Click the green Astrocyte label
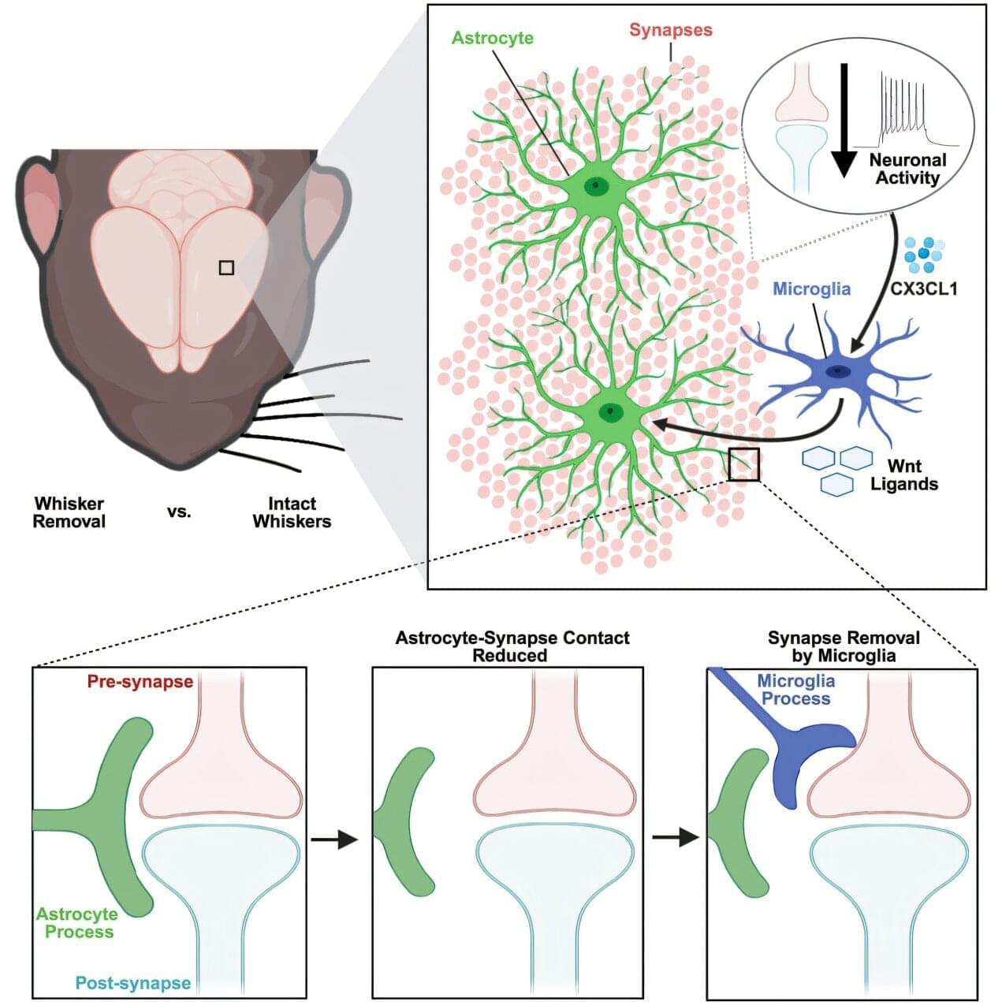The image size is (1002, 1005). click(x=493, y=38)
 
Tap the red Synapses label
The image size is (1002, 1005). click(x=670, y=31)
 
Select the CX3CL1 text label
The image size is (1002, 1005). click(x=923, y=288)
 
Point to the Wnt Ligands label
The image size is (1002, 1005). click(x=903, y=475)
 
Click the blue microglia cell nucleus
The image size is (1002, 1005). click(x=836, y=371)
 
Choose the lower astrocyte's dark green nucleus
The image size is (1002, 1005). click(x=609, y=411)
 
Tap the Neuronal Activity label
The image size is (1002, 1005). click(x=907, y=169)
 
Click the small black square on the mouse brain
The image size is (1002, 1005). click(x=226, y=268)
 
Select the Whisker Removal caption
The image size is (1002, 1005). click(x=69, y=512)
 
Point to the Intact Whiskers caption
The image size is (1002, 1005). click(x=292, y=512)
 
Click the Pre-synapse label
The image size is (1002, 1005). click(x=140, y=682)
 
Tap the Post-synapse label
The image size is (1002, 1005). click(x=133, y=983)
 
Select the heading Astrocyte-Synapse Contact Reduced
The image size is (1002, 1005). click(x=512, y=646)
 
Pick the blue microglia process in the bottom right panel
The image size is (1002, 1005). click(x=796, y=757)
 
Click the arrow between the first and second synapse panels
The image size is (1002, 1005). click(x=334, y=839)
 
